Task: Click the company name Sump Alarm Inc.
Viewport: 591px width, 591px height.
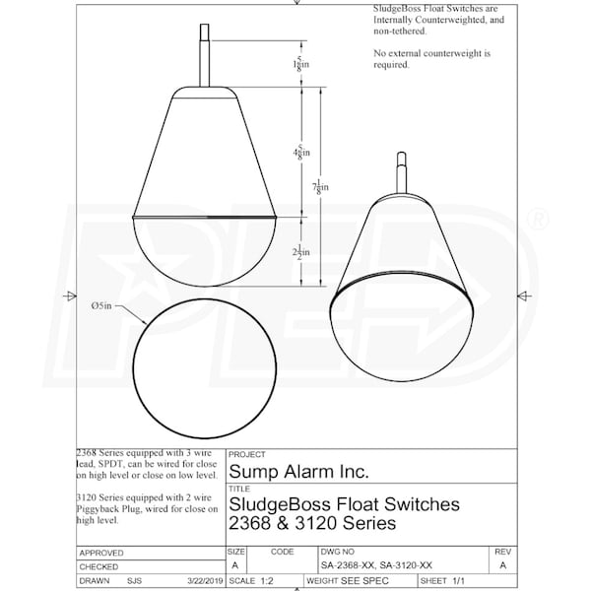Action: pyautogui.click(x=298, y=473)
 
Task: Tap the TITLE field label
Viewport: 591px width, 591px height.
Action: pyautogui.click(x=239, y=487)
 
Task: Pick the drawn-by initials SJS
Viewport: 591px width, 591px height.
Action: pyautogui.click(x=134, y=581)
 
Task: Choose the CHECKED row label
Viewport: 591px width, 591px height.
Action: pyautogui.click(x=98, y=567)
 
